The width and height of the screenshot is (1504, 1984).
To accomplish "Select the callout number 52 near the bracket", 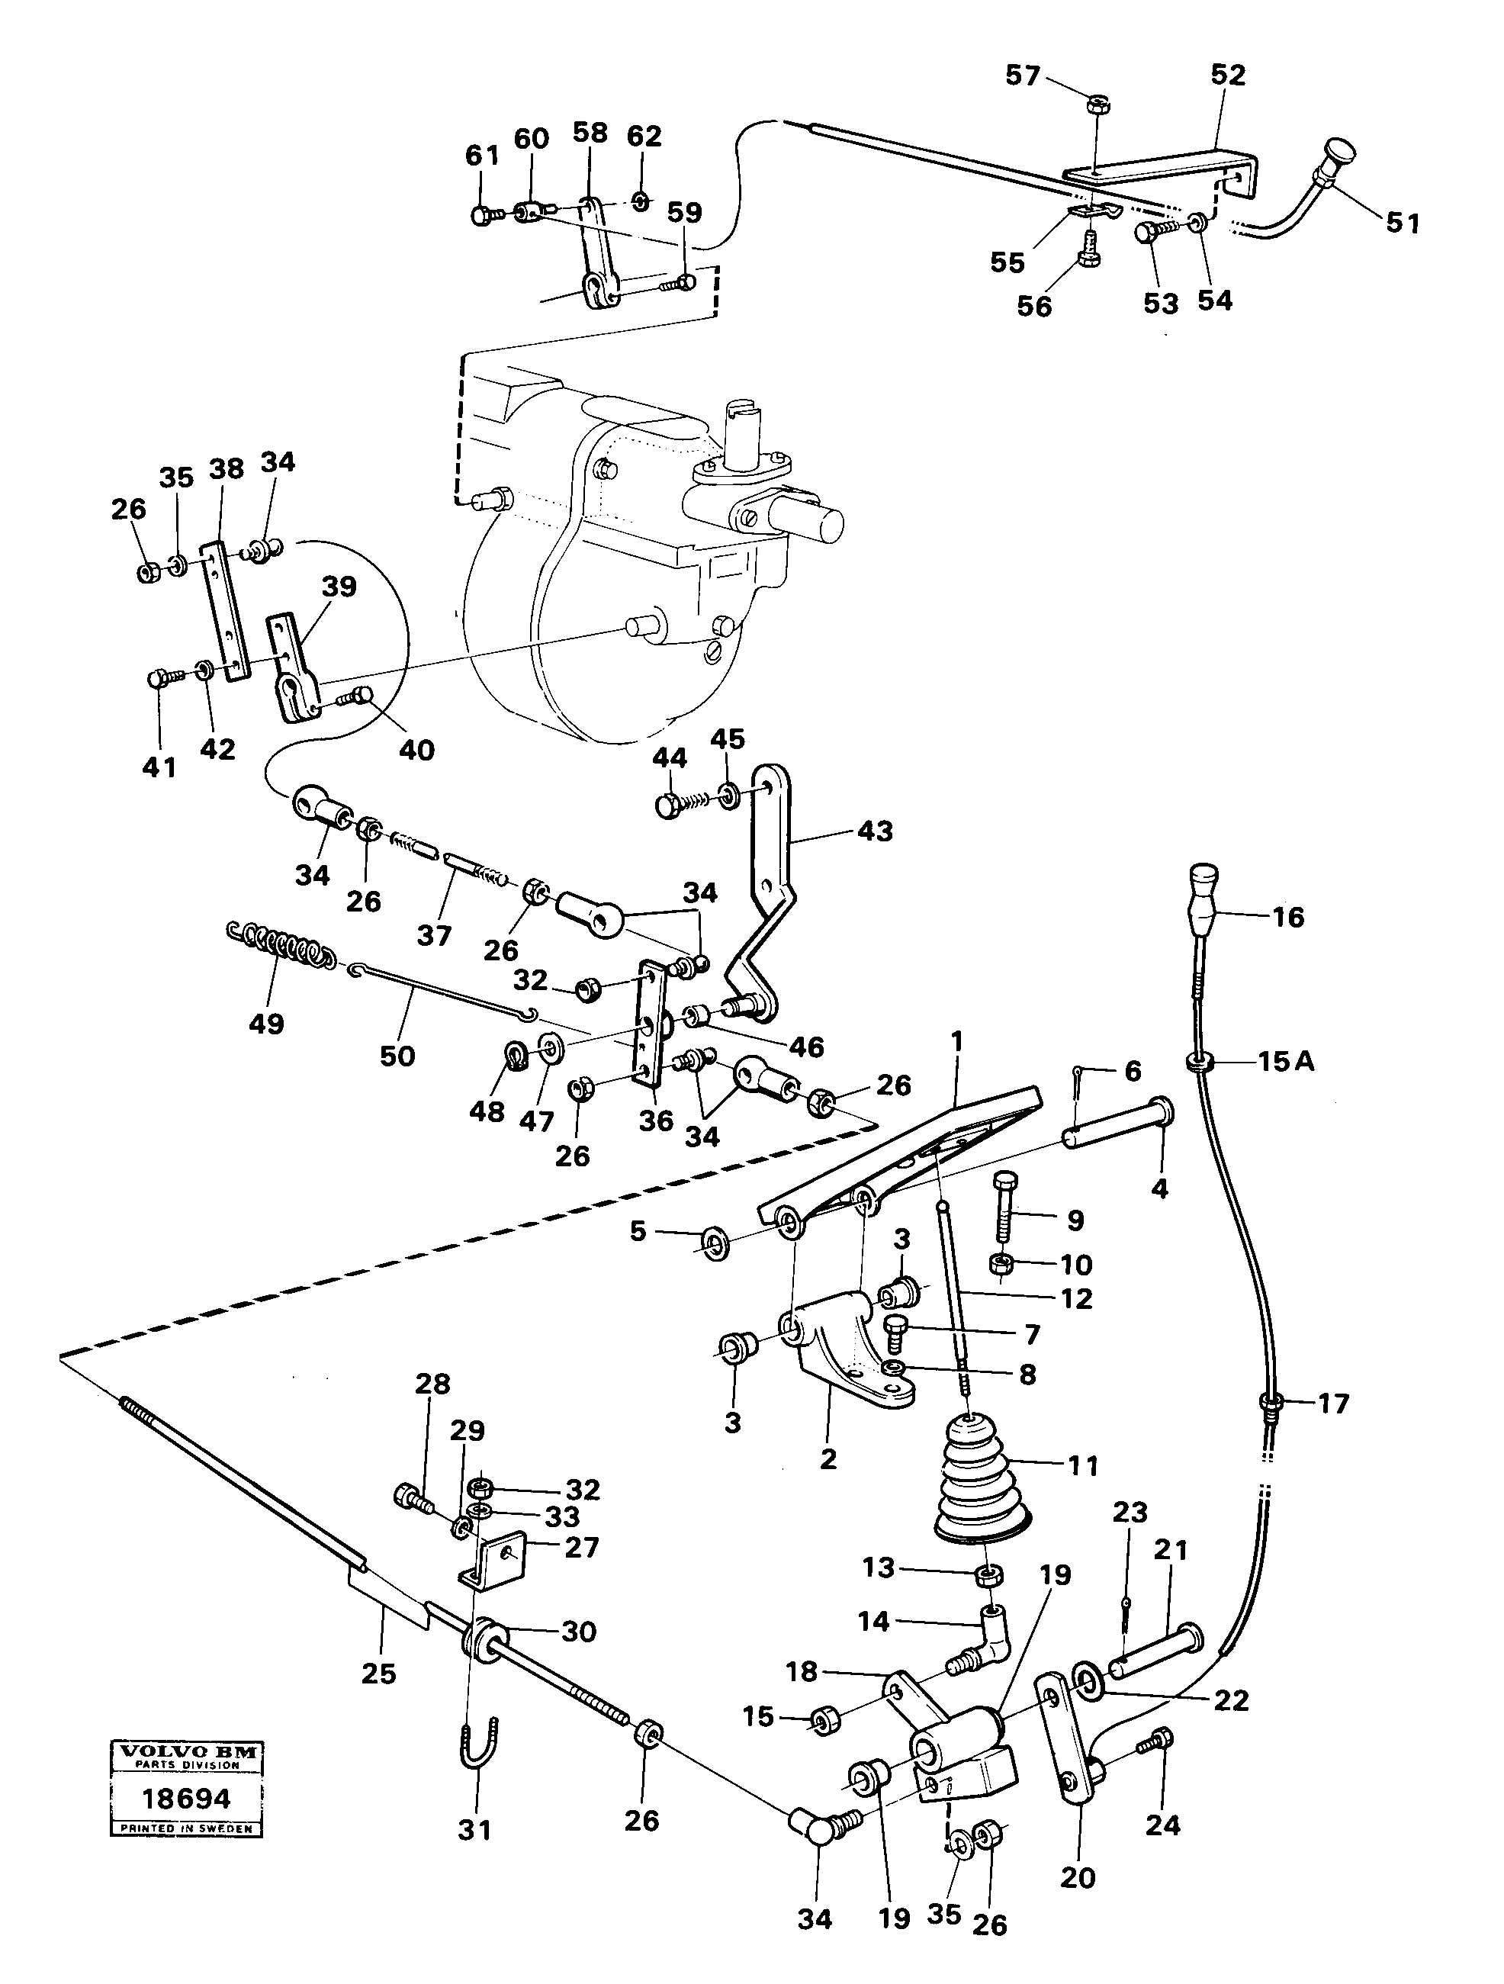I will click(x=1228, y=76).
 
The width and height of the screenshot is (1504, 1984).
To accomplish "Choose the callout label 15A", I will click(x=1285, y=1061).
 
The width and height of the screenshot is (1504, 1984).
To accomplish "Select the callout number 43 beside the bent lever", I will click(x=876, y=831).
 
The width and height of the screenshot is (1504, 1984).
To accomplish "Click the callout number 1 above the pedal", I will click(x=957, y=1041).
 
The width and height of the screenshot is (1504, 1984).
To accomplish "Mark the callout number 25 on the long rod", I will click(x=378, y=1673).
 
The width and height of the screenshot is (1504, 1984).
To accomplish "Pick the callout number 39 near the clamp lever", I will click(x=339, y=587).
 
